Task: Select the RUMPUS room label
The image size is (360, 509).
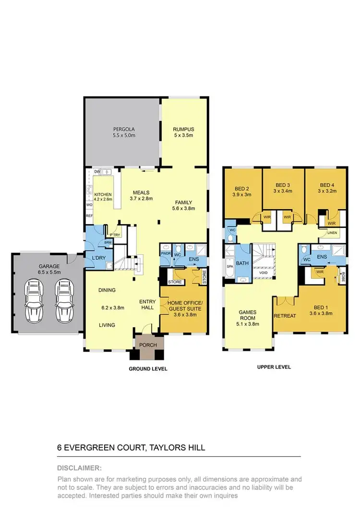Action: click(182, 129)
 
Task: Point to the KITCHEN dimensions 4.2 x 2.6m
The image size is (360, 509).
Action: click(103, 199)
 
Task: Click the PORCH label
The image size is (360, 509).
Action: click(149, 345)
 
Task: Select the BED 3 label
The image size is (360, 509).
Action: click(283, 185)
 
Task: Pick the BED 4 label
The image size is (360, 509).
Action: click(326, 185)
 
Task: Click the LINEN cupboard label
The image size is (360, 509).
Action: click(332, 233)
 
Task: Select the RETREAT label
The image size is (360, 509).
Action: click(285, 316)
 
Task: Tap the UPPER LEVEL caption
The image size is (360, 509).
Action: click(275, 367)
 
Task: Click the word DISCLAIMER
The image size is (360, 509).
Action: click(79, 468)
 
